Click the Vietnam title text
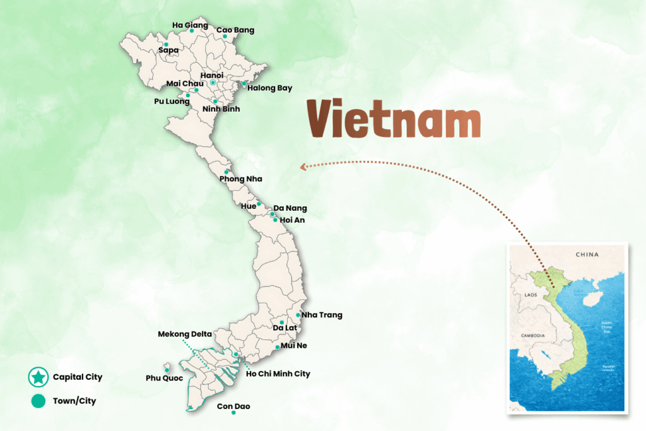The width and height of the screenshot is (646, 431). [394, 119]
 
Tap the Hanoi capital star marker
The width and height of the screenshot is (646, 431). [213, 83]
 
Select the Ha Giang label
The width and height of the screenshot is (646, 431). [190, 25]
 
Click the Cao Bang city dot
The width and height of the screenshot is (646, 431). [225, 37]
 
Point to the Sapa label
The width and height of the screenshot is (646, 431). [168, 50]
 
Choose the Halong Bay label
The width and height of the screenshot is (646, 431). [269, 88]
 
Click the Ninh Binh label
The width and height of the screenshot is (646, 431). [221, 109]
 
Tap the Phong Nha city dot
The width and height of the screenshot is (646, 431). [226, 172]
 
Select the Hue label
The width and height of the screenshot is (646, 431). [249, 206]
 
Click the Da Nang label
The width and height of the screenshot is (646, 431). [290, 208]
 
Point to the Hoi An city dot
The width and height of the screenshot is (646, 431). [275, 220]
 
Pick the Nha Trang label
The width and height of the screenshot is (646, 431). [322, 315]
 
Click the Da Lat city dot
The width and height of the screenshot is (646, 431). [281, 322]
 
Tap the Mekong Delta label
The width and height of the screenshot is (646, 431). [185, 333]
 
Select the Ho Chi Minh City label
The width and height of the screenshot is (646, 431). [278, 374]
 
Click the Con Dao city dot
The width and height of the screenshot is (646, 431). [233, 413]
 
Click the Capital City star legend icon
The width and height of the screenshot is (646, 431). [38, 377]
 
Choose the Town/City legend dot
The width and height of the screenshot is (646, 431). [38, 401]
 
